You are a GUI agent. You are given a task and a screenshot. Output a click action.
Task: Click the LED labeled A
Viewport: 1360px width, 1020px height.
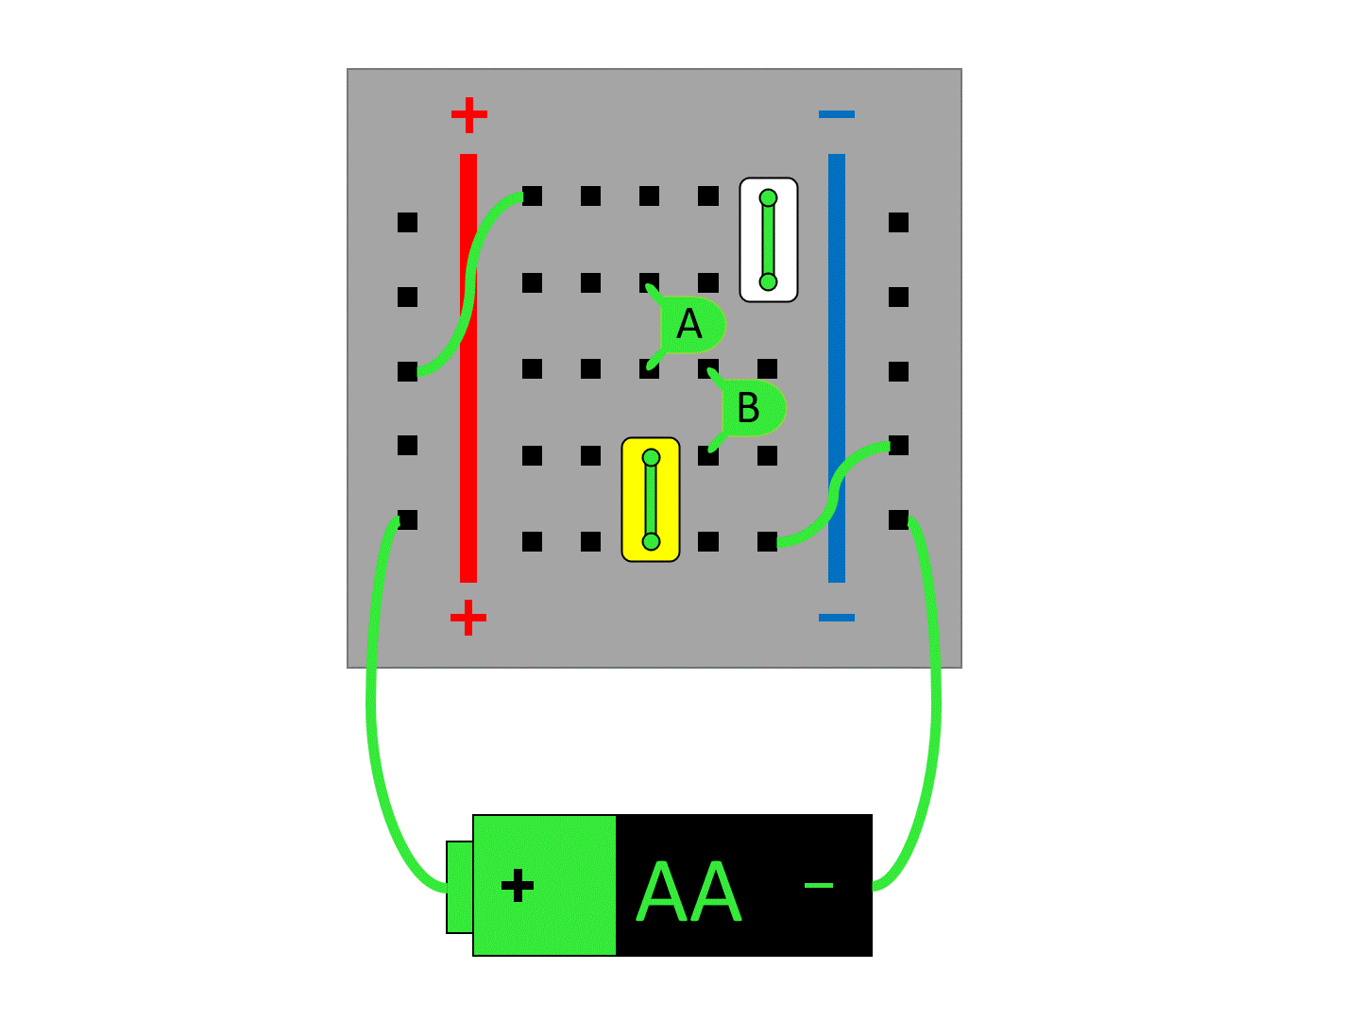click(x=690, y=326)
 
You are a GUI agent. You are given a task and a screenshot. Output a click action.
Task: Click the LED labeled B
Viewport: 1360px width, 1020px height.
click(x=750, y=408)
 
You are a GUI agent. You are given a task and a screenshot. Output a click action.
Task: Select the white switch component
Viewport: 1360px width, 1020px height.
click(x=769, y=240)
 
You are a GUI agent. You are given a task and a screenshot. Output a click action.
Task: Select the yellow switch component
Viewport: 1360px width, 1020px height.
click(x=651, y=499)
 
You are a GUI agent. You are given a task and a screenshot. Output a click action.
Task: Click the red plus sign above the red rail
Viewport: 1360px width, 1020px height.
click(x=468, y=115)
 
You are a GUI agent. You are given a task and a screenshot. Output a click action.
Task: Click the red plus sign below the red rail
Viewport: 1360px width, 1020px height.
click(x=468, y=619)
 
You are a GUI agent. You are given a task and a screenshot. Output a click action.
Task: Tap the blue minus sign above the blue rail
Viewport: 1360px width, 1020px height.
click(x=837, y=114)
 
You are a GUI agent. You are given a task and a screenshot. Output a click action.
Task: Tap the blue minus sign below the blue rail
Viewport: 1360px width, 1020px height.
click(x=837, y=618)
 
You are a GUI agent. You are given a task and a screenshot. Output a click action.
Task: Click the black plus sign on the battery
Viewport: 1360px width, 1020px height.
click(x=518, y=886)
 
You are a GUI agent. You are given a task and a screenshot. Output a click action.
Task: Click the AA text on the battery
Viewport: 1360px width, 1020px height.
click(x=689, y=892)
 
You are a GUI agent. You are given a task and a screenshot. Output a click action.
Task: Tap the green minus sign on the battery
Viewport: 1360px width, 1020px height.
click(x=818, y=885)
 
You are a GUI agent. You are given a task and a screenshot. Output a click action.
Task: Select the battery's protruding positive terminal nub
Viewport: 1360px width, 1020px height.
click(x=459, y=887)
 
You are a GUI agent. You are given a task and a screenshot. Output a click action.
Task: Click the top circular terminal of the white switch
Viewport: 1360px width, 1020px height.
click(x=768, y=197)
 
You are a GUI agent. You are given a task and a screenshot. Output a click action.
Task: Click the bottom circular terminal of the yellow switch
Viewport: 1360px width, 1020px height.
click(x=651, y=541)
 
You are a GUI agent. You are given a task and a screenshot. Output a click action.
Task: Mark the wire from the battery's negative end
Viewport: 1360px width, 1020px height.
click(x=935, y=718)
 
